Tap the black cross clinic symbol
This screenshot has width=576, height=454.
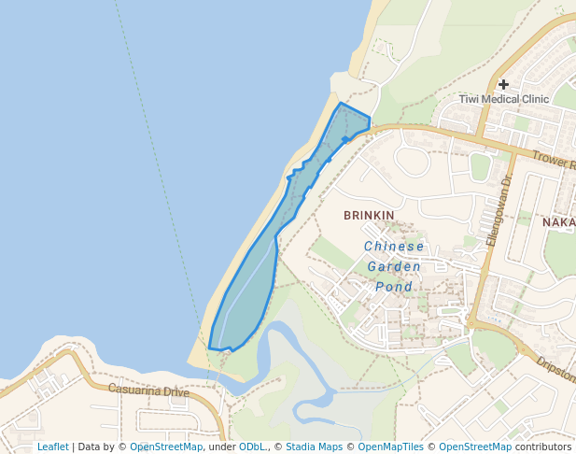[503, 84]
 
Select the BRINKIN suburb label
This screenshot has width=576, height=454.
[369, 216]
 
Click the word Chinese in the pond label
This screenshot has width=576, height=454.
[394, 247]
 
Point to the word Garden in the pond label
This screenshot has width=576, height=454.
[394, 266]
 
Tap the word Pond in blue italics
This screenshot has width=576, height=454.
[394, 287]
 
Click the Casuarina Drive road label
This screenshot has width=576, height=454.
[148, 390]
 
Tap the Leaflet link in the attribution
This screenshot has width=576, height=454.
[52, 447]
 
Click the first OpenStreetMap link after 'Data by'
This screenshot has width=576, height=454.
[165, 447]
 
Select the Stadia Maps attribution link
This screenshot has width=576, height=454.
[314, 447]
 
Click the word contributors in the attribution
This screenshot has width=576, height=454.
[543, 447]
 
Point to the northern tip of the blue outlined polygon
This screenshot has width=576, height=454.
[340, 103]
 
